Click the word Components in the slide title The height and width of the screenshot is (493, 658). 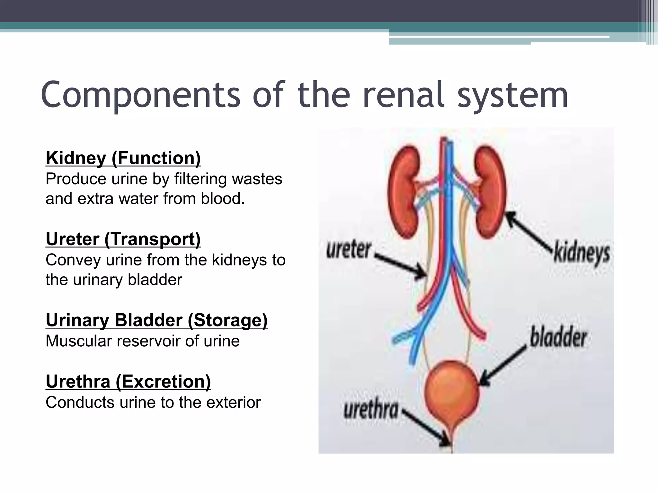pyautogui.click(x=140, y=95)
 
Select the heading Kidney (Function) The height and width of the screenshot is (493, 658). pyautogui.click(x=123, y=158)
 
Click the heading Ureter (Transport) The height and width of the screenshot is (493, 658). pyautogui.click(x=123, y=239)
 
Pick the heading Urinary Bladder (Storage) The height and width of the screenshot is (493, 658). pyautogui.click(x=156, y=320)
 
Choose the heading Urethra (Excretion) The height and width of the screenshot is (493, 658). pyautogui.click(x=128, y=382)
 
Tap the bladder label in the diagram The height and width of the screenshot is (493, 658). pyautogui.click(x=558, y=338)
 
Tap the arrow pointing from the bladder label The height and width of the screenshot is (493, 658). pyautogui.click(x=503, y=366)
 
